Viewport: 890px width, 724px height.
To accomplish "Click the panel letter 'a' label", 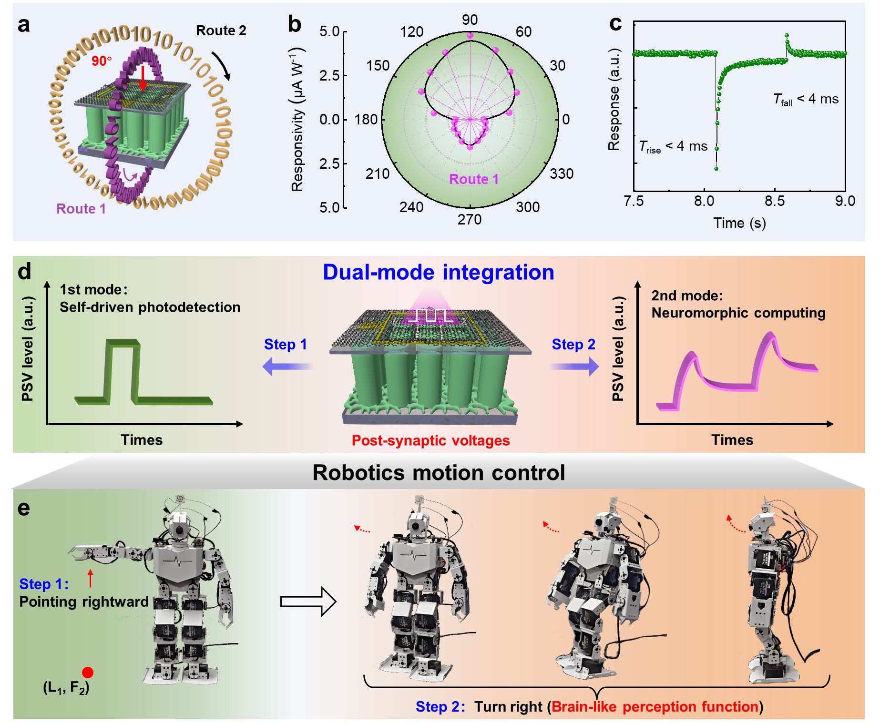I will click(24, 25).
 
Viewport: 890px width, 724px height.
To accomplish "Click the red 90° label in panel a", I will click(102, 61).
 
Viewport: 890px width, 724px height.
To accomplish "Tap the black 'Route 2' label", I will click(221, 31).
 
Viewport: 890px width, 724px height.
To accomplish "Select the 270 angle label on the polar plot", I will click(470, 220).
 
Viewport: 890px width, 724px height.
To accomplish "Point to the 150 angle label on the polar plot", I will click(378, 66).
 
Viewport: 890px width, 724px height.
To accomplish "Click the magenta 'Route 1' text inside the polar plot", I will click(473, 179).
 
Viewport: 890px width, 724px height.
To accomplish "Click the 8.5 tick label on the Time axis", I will click(774, 201).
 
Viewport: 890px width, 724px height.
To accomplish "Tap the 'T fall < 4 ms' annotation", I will click(806, 99).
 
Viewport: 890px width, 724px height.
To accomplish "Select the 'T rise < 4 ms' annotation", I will click(673, 146).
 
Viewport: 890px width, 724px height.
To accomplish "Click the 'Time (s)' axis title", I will click(739, 223).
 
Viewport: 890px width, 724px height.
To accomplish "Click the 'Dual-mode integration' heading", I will click(438, 273).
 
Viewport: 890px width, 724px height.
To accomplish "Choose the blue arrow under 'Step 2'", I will click(573, 367).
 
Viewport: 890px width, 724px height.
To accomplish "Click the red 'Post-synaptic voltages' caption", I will click(430, 440).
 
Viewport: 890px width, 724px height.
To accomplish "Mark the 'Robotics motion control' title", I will click(439, 473).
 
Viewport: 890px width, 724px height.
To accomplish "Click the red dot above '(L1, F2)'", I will click(88, 672).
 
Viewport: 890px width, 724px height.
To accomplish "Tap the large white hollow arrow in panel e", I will click(308, 602).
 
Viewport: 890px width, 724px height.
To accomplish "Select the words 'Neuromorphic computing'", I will click(738, 313).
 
